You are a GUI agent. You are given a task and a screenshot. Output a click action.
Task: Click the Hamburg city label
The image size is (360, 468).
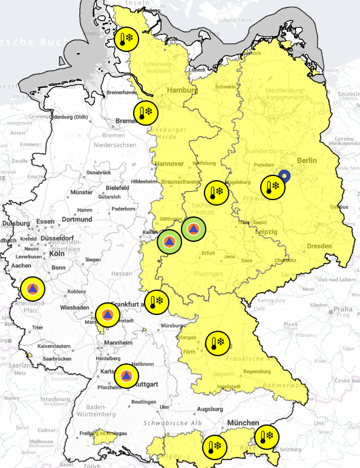(182, 90)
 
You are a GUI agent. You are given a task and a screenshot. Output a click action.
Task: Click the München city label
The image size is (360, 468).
(244, 422)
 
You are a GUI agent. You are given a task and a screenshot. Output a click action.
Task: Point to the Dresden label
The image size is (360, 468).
(319, 246)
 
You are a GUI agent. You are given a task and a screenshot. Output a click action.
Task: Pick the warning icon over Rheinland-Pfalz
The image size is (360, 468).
(32, 288)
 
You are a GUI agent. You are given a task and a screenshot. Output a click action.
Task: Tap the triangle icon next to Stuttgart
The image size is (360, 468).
(126, 376)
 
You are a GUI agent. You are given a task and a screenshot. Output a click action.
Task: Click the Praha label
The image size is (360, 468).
(342, 310)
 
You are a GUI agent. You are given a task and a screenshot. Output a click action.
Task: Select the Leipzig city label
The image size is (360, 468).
(266, 232)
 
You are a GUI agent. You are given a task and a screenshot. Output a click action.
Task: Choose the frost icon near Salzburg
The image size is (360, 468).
(266, 437)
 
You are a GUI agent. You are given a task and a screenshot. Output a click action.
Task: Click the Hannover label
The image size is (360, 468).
(169, 163)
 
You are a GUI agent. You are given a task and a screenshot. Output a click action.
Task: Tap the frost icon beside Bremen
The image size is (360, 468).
(146, 112)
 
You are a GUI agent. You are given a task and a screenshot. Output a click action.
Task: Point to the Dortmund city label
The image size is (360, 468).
(76, 219)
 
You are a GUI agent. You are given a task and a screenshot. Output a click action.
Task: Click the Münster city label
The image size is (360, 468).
(82, 192)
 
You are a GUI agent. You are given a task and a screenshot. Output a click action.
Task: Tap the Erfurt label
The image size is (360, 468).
(209, 253)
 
